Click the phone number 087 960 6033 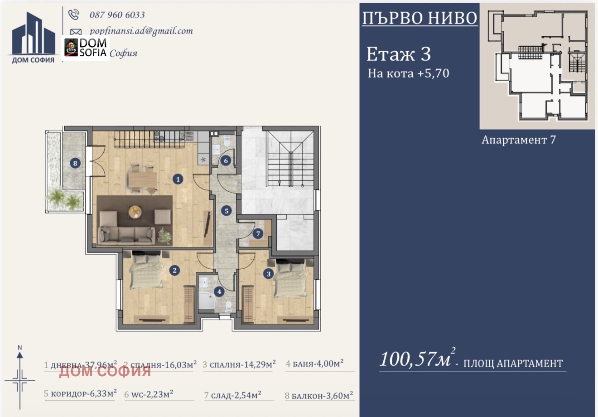tap(117, 15)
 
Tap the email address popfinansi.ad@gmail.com tap(141, 31)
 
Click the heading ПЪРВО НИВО tap(420, 18)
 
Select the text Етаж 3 tap(398, 54)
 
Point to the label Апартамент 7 tap(518, 140)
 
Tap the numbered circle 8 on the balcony tap(75, 163)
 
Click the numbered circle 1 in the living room tap(178, 179)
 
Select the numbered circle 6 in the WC tap(226, 160)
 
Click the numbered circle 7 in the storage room tap(258, 234)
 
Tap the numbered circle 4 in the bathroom tap(219, 292)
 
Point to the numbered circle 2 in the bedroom tap(174, 271)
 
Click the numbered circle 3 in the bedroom tap(269, 274)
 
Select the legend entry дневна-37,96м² tap(81, 364)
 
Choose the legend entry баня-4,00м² tap(314, 364)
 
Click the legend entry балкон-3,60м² tap(319, 396)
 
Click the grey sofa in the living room tap(126, 234)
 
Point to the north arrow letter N tap(19, 348)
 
